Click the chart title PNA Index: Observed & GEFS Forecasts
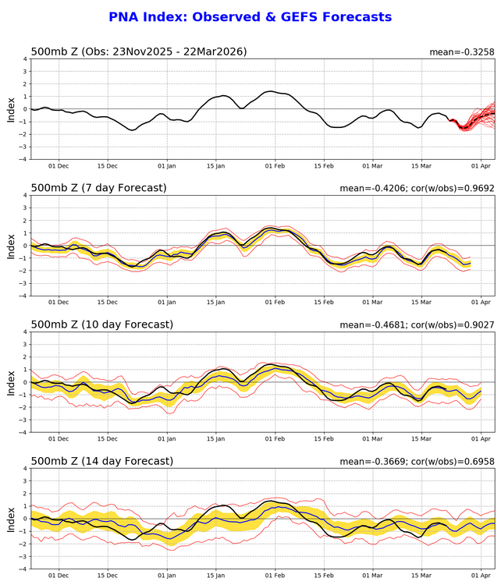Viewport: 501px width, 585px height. point(250,17)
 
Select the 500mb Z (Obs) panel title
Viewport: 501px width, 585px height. point(138,51)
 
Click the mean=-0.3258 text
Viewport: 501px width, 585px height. point(462,52)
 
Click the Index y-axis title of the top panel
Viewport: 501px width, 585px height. point(11,108)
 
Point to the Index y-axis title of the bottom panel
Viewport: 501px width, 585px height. point(11,519)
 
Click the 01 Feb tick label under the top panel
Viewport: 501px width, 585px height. point(275,166)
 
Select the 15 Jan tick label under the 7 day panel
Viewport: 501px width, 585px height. point(215,303)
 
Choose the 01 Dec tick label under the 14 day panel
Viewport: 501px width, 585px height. point(59,576)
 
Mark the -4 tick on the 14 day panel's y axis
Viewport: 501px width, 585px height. point(23,569)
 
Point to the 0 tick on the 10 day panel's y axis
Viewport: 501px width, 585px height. point(26,382)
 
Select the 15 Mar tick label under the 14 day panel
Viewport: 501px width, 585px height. point(421,576)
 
